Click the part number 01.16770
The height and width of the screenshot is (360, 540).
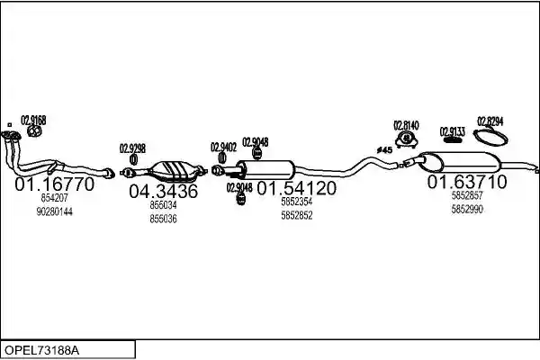coord(54,184)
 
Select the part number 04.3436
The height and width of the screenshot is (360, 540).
coord(164,191)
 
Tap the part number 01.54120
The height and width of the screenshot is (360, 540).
coord(296,188)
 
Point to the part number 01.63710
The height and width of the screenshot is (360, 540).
coord(467,182)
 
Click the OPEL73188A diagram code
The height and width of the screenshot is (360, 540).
coord(41,350)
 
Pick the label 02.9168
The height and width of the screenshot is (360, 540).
coord(33,121)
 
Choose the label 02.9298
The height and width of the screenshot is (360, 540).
coord(132,148)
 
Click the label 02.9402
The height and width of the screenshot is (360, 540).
coord(224,148)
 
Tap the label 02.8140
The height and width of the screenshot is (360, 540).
coord(407,125)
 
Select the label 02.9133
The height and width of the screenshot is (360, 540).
coord(453,132)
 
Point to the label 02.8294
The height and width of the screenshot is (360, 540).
coord(490,121)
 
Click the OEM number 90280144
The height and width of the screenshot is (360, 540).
coord(54,211)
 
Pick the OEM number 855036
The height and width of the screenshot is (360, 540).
coord(163,219)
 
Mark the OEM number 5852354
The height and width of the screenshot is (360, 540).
coord(297,202)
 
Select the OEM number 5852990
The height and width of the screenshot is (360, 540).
coord(467,209)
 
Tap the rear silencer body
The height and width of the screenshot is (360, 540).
coord(460,162)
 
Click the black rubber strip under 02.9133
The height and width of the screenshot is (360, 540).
coord(452,140)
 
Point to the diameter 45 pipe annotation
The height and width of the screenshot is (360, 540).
coord(384,150)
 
